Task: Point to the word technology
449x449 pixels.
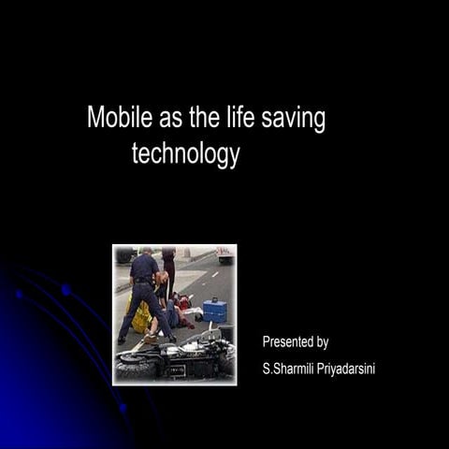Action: click(x=185, y=153)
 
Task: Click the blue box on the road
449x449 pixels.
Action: click(x=214, y=310)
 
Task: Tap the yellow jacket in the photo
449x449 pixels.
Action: click(x=140, y=318)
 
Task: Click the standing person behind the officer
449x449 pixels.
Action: click(x=167, y=267)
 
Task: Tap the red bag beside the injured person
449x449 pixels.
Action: click(x=186, y=301)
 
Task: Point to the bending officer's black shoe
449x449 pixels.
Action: click(x=121, y=340)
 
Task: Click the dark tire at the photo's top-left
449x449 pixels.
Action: click(x=123, y=254)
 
